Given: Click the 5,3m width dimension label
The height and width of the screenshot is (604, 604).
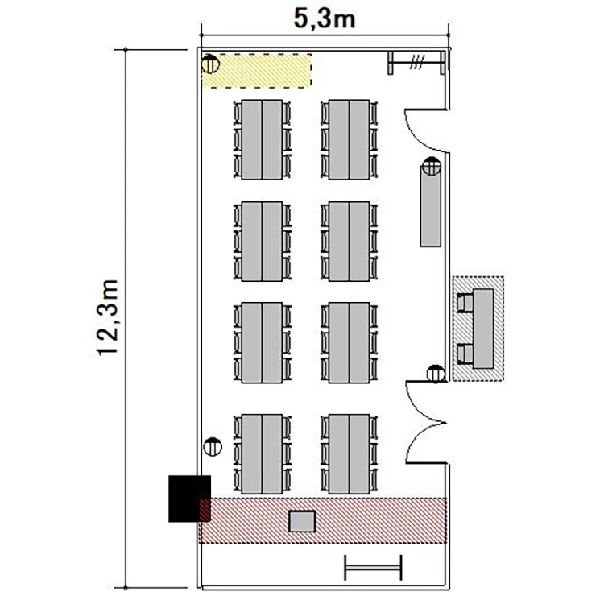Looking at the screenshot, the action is (x=325, y=19).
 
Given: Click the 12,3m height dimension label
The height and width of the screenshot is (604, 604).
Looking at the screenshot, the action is (x=108, y=318).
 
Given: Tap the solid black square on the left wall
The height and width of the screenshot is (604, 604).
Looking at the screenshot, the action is (x=189, y=499).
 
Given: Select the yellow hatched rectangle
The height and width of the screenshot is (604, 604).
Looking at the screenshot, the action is (x=257, y=71).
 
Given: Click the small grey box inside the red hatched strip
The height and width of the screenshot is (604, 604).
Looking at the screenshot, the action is (x=302, y=521).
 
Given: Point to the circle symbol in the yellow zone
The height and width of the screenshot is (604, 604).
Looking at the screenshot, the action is (x=210, y=64).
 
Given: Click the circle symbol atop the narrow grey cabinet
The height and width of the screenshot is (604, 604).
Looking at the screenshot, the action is (x=432, y=166).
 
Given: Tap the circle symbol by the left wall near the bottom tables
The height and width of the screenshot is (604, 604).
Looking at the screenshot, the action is (x=213, y=447).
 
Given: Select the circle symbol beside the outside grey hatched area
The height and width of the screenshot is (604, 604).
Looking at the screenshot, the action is (x=436, y=374).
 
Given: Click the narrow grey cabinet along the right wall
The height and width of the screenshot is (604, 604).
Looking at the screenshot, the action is (x=431, y=206).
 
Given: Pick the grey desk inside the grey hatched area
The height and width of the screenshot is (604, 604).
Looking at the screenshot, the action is (x=483, y=329).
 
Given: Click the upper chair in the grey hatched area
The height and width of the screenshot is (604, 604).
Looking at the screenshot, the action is (x=465, y=303).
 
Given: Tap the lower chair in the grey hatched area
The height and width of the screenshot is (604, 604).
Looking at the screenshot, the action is (x=465, y=354).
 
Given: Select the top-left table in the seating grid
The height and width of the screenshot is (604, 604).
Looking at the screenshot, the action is (x=262, y=139).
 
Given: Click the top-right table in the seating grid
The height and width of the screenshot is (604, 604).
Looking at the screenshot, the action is (x=349, y=139).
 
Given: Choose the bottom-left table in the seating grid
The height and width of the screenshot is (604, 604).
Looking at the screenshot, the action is (x=262, y=453).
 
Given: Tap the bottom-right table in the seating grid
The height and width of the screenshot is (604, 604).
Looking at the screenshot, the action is (x=349, y=453).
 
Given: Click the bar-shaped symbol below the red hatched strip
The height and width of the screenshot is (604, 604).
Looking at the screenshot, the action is (x=373, y=568).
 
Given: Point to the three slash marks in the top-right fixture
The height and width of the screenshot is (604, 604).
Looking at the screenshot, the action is (x=417, y=62).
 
